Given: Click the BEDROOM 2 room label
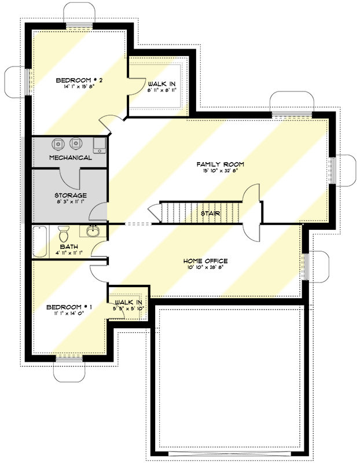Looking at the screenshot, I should pyautogui.click(x=79, y=80).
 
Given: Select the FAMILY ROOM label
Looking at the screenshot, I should pyautogui.click(x=220, y=164).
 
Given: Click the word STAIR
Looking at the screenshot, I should pyautogui.click(x=210, y=214).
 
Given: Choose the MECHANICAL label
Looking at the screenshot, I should pyautogui.click(x=71, y=157).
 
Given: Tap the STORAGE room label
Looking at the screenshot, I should pyautogui.click(x=71, y=196).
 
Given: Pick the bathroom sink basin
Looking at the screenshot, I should pyautogui.click(x=93, y=232).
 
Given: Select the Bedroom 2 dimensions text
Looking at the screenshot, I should pyautogui.click(x=79, y=87).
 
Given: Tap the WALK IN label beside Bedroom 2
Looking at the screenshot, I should pyautogui.click(x=162, y=84).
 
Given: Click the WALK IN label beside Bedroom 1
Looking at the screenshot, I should pyautogui.click(x=129, y=303).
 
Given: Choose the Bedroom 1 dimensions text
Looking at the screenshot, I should pyautogui.click(x=70, y=313).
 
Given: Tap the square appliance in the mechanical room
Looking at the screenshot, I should pyautogui.click(x=100, y=143).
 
